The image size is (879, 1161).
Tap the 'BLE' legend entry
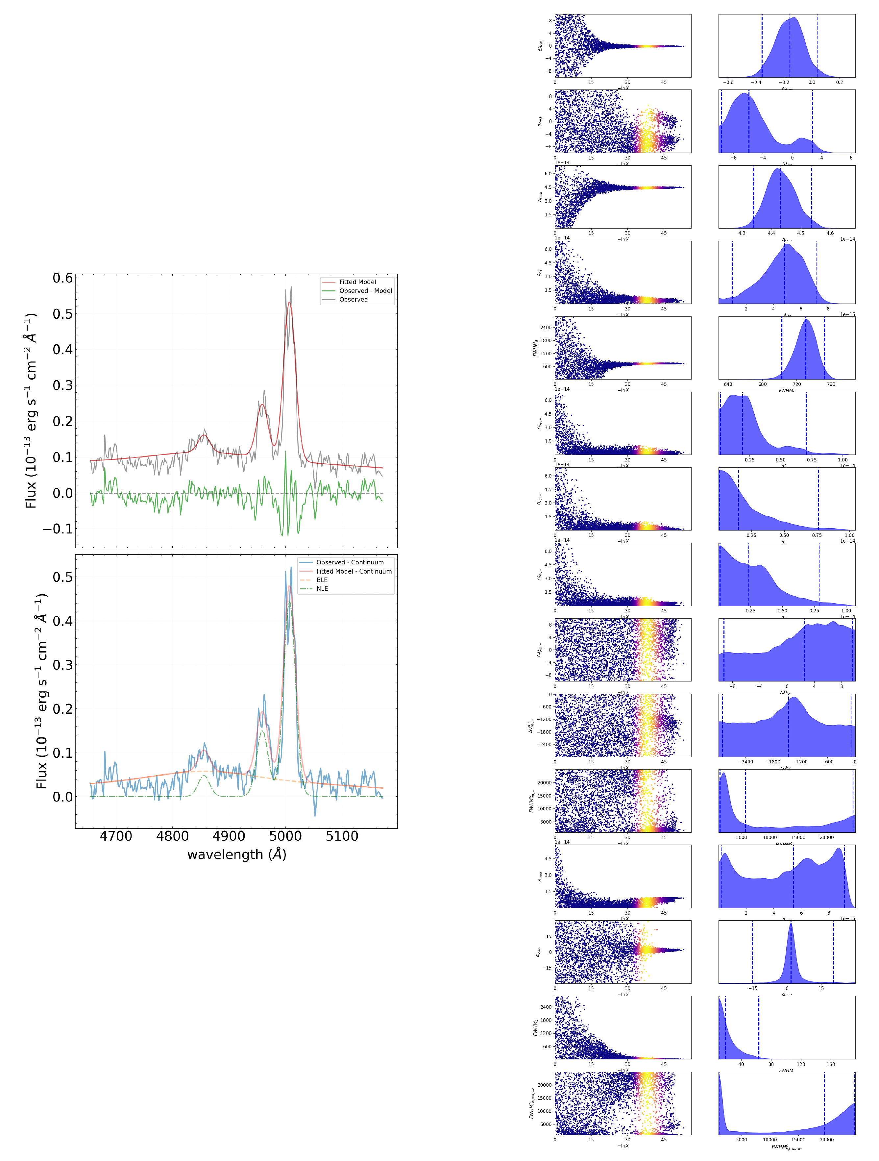322,580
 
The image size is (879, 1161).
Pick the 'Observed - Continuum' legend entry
350,562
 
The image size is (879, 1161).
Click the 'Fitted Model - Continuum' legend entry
354,571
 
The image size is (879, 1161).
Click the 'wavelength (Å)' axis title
237,854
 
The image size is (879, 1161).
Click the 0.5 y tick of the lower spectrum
62,577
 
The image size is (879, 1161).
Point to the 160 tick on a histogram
830,1064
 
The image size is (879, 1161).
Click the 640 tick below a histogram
728,384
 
